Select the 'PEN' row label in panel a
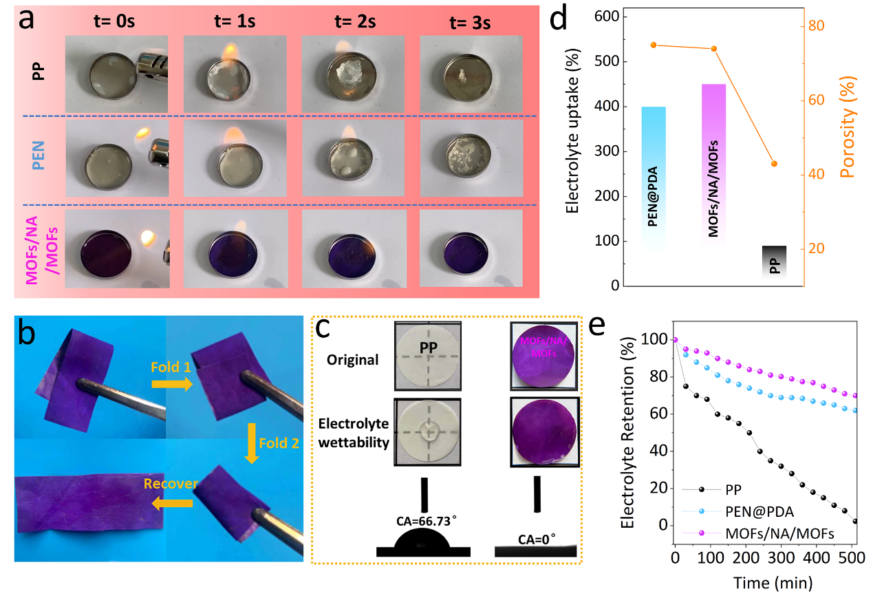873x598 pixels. (39, 160)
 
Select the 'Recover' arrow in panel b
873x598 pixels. (169, 502)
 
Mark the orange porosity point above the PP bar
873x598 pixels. (775, 164)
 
